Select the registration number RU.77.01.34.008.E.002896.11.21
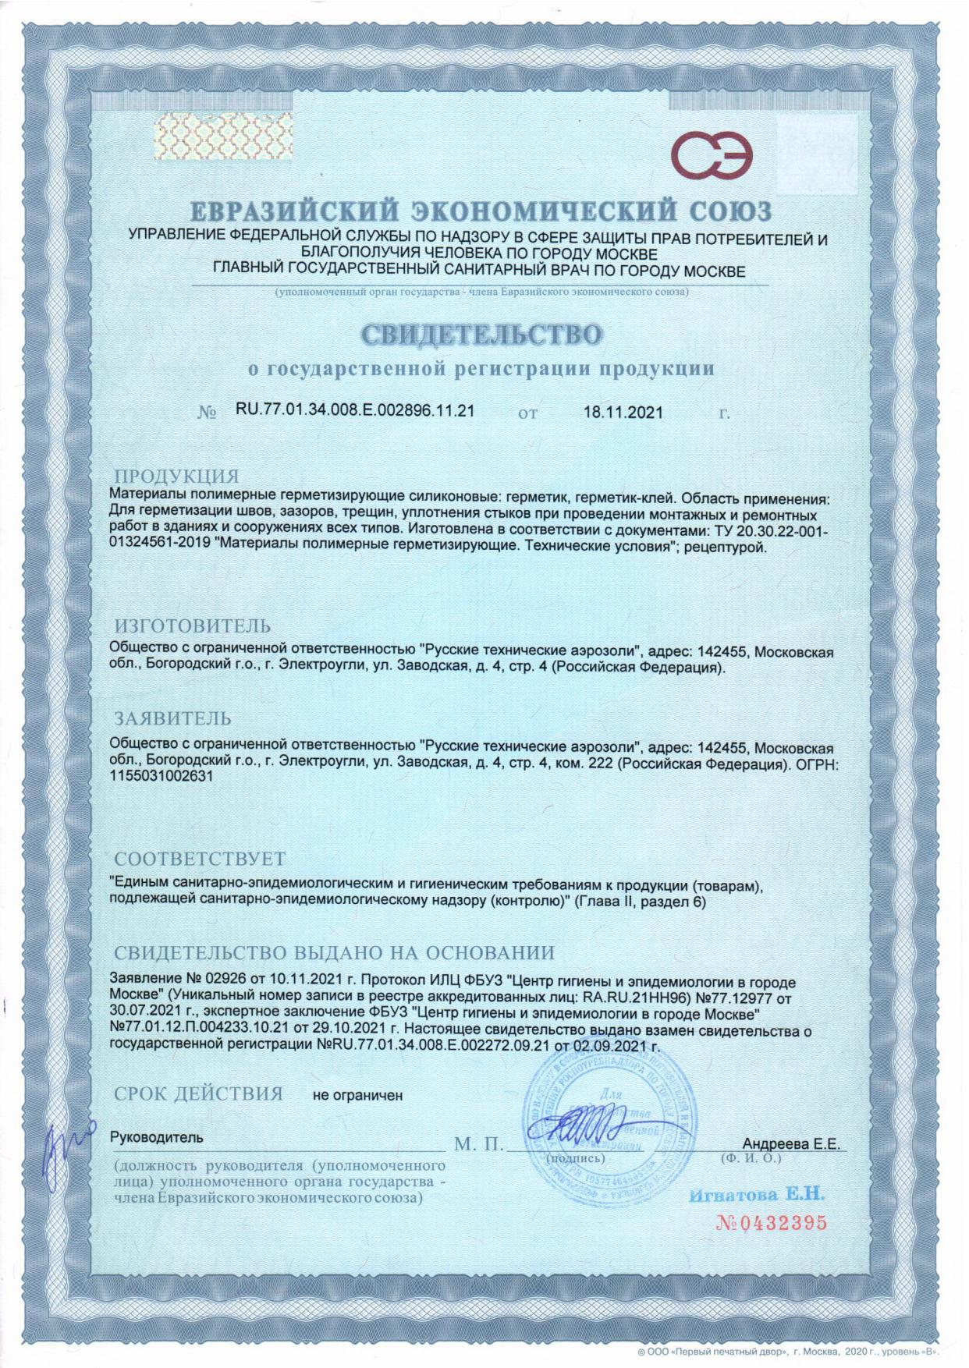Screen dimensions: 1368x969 [x=355, y=410]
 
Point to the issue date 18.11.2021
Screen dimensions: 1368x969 [x=623, y=412]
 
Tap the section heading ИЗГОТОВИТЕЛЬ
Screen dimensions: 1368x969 [x=193, y=626]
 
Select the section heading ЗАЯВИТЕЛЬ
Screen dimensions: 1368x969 [x=173, y=717]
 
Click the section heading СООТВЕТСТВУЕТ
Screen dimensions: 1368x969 [x=200, y=859]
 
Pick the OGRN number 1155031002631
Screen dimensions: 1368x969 [x=162, y=778]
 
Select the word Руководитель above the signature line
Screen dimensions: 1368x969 [x=157, y=1137]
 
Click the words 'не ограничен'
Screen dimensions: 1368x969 [x=357, y=1095]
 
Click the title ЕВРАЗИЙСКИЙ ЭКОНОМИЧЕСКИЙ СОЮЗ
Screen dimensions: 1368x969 [x=481, y=211]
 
